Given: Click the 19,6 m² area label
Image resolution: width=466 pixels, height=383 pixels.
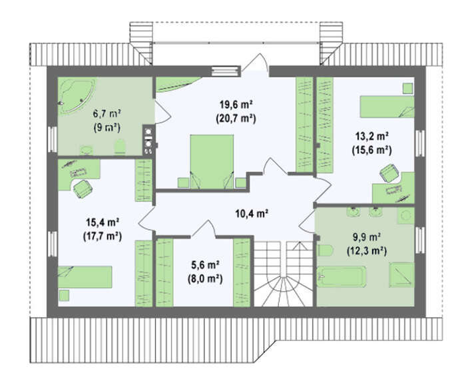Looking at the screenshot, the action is coord(236,105).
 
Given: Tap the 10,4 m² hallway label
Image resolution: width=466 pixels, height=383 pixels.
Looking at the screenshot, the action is coord(252,213).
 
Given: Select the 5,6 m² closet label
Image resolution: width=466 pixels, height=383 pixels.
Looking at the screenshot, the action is coord(205,264).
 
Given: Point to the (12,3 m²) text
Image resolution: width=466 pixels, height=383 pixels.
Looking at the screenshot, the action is coord(367,252).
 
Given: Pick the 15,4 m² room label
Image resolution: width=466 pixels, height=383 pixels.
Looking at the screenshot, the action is coord(103,222).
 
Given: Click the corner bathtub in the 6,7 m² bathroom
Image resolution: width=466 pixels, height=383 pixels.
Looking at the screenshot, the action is coord(77,95).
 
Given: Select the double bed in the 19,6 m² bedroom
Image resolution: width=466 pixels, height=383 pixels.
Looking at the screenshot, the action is coord(212,161).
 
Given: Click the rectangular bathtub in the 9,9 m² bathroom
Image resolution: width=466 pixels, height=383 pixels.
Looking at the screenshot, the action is coord(341,276).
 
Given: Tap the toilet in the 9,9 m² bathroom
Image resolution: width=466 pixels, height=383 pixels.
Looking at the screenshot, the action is coord(324,250).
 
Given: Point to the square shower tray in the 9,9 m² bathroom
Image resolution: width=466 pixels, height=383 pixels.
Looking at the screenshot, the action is coord(401,274).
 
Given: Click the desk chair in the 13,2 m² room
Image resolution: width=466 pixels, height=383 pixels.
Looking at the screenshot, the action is coord(389,173).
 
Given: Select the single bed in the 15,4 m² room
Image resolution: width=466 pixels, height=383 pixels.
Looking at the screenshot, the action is coord(85,277).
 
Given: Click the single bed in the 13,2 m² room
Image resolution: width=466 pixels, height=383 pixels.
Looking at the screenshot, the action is coord(387,107).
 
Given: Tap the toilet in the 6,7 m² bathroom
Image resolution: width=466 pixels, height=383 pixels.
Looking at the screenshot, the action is coord(120,147).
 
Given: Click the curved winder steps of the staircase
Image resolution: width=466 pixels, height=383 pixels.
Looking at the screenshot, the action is coord(283,290).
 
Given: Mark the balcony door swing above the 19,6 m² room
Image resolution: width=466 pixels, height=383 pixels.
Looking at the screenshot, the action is coord(254,63).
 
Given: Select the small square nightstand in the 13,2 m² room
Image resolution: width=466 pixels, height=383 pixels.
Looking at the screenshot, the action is coord(408,89).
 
